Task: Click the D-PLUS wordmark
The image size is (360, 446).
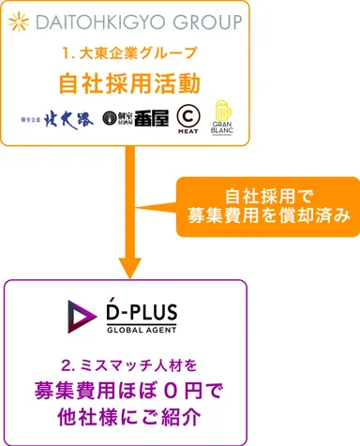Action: pyautogui.click(x=142, y=310)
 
